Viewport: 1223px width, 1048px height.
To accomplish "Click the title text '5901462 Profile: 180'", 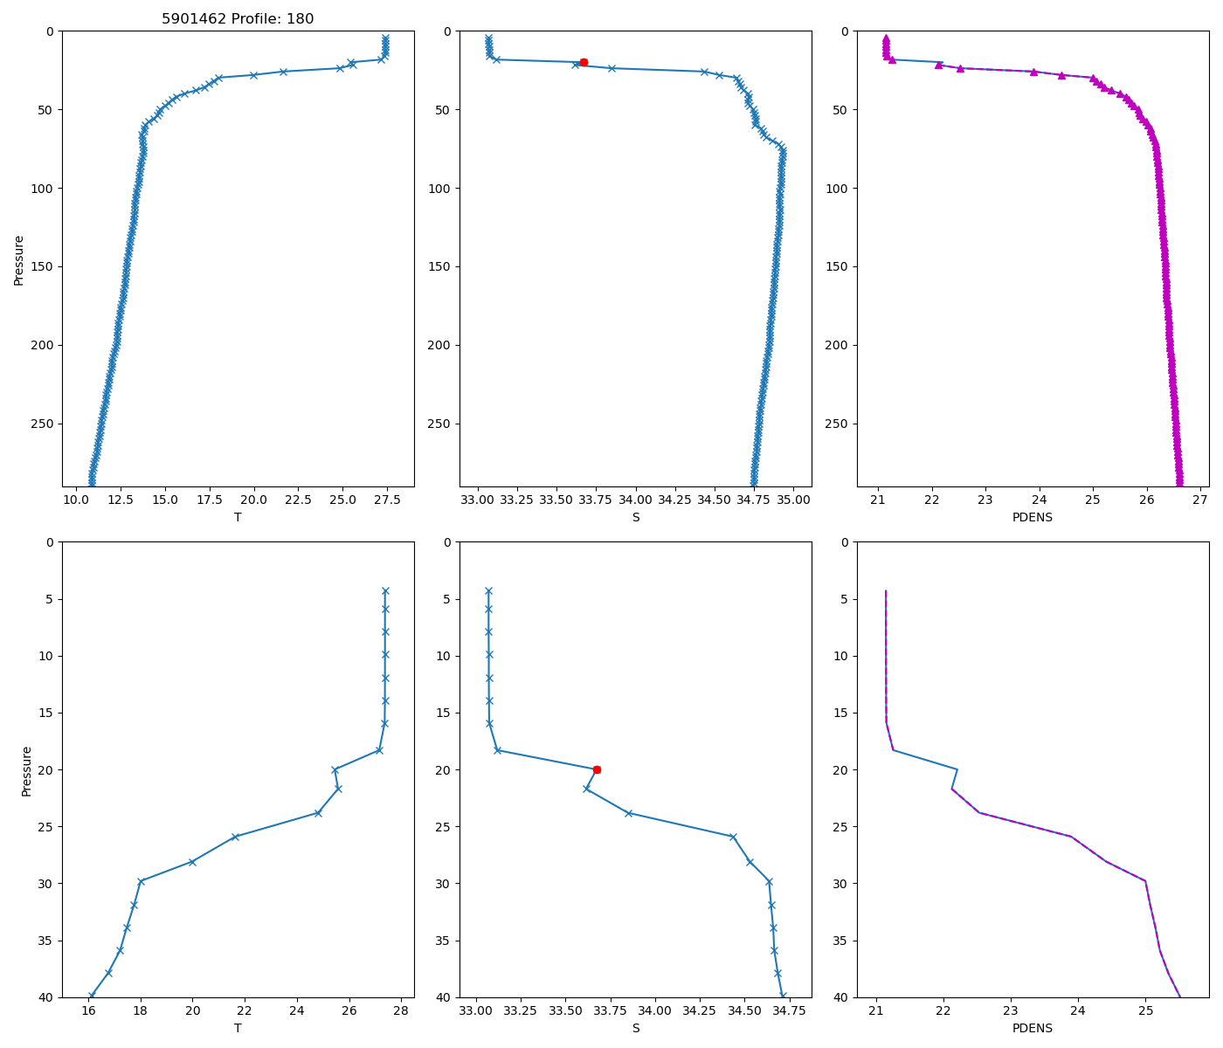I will coord(238,19).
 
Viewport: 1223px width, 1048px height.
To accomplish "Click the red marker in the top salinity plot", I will coord(584,62).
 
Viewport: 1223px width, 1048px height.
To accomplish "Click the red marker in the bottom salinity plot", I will coord(597,769).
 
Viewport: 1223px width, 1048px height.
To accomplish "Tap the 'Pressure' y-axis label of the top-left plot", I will coord(19,259).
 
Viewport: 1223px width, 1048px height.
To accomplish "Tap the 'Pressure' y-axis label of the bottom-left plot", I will coord(26,770).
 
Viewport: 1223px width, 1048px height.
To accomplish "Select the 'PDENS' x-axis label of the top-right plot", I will coord(1033,517).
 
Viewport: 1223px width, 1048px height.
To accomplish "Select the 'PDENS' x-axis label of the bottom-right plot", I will coord(1033,1028).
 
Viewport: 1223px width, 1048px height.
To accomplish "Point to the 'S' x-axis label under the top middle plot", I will coord(635,517).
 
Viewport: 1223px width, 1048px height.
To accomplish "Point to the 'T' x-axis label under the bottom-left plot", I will coord(238,1028).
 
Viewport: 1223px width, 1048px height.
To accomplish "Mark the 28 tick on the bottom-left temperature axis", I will coord(401,1010).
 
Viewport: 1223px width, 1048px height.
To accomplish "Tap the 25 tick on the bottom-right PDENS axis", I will coord(1145,1010).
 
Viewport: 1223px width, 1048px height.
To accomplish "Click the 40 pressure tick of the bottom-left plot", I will coord(46,997).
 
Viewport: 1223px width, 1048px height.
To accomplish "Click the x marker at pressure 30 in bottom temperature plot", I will coord(141,881).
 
